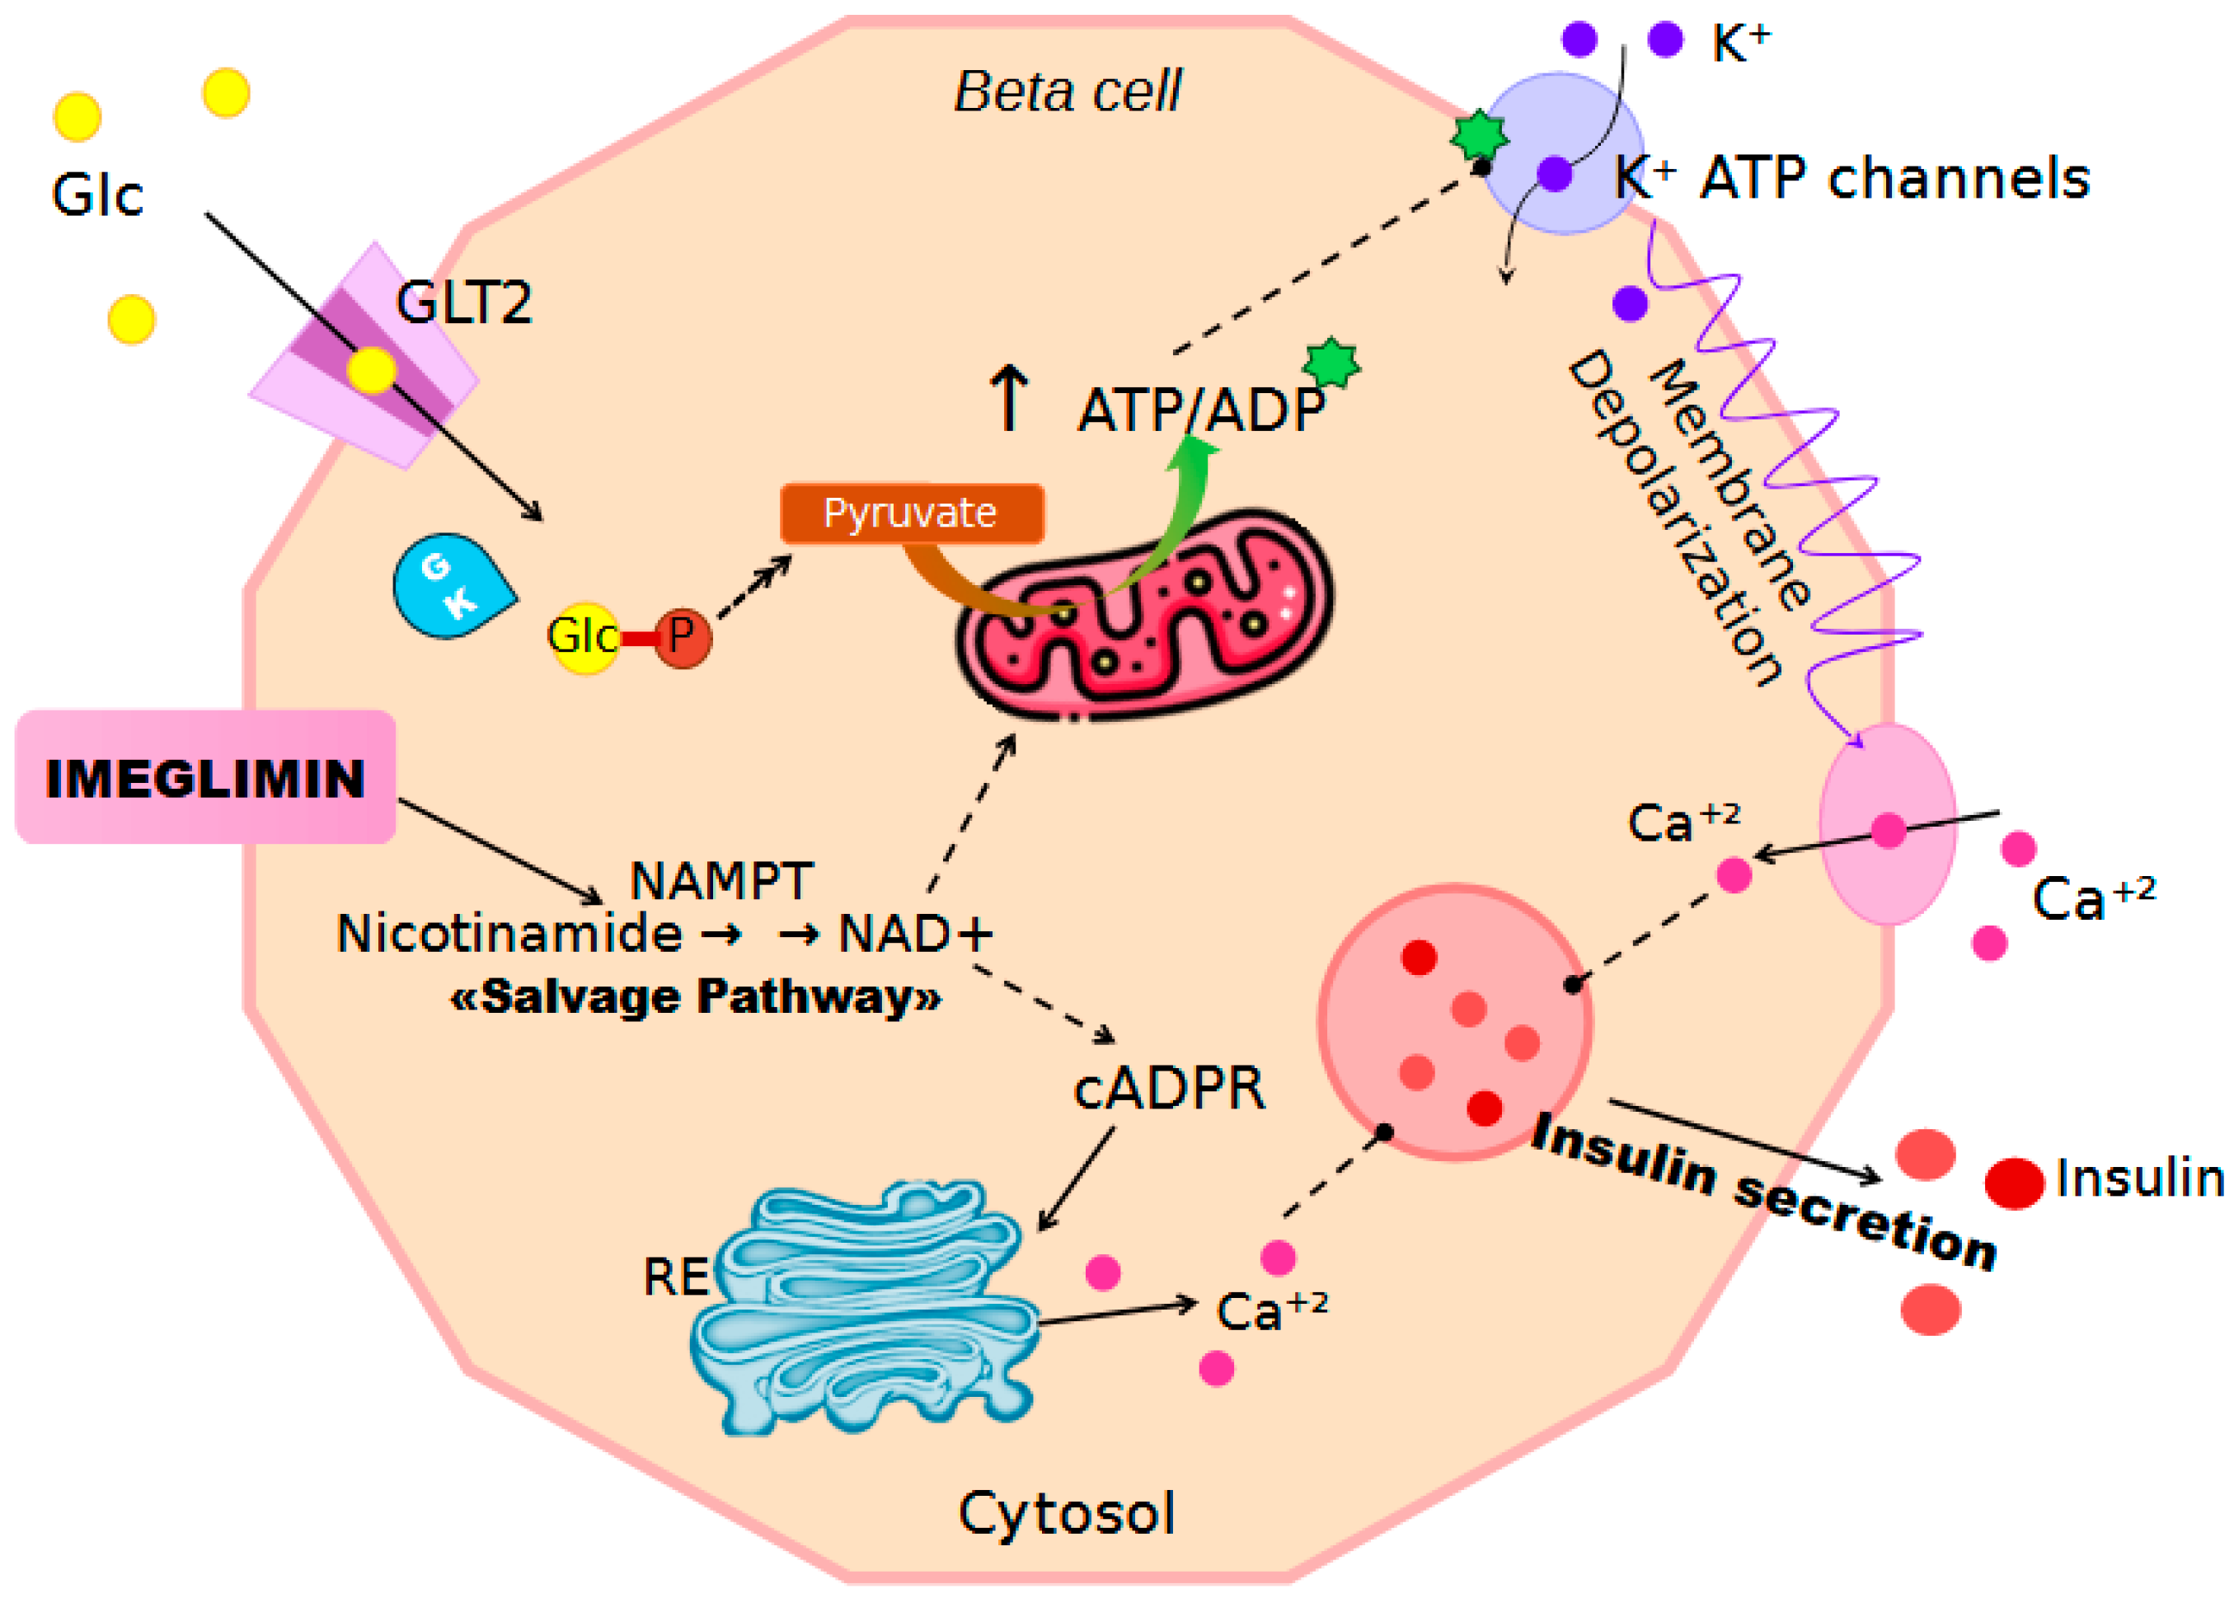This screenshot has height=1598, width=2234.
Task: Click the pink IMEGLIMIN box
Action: pyautogui.click(x=204, y=776)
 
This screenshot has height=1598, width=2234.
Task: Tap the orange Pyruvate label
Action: pyautogui.click(x=910, y=513)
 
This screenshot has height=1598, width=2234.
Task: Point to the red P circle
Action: pyautogui.click(x=681, y=638)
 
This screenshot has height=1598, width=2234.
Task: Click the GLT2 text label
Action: pyautogui.click(x=462, y=303)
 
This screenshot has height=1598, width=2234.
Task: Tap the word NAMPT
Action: pyautogui.click(x=720, y=881)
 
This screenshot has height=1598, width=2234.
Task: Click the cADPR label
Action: pyautogui.click(x=1168, y=1090)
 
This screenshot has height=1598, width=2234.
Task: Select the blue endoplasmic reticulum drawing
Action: pyautogui.click(x=866, y=1309)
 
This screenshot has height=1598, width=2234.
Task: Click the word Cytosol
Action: pyautogui.click(x=1066, y=1512)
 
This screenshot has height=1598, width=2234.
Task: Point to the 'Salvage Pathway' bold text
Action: pyautogui.click(x=695, y=996)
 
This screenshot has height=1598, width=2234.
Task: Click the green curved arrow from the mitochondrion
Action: pyautogui.click(x=1176, y=512)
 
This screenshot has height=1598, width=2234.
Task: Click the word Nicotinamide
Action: pyautogui.click(x=509, y=933)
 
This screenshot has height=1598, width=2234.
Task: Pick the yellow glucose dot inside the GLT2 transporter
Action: pyautogui.click(x=370, y=370)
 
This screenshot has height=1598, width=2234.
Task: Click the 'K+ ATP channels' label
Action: pyautogui.click(x=1850, y=179)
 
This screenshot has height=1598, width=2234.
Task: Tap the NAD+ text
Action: pyautogui.click(x=913, y=933)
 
